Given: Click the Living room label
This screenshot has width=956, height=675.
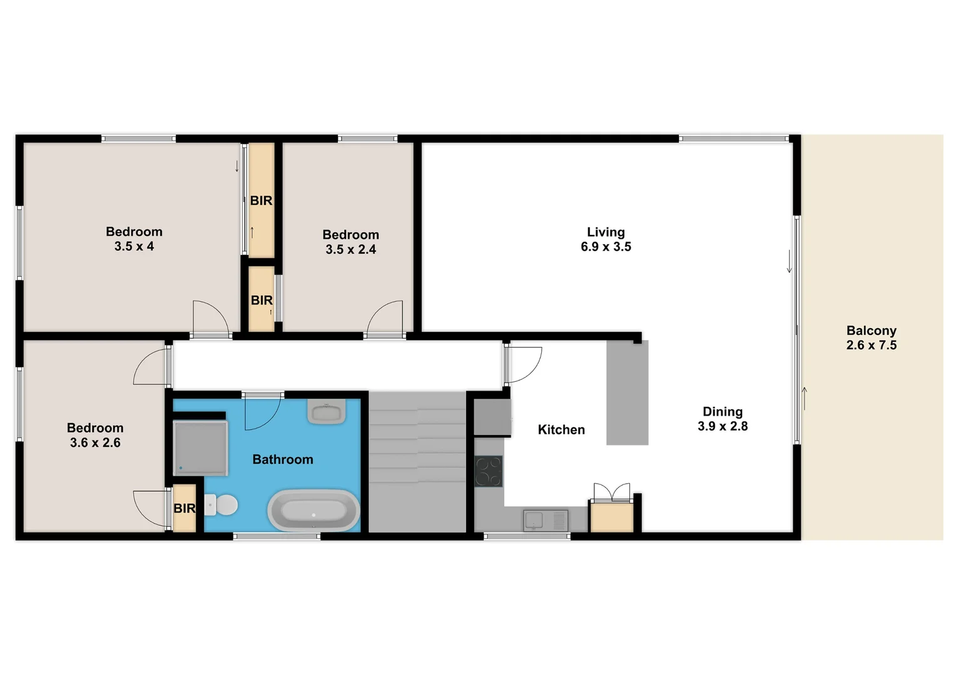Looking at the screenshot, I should point(606,232).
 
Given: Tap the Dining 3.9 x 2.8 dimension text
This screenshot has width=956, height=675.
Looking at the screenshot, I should point(723,426).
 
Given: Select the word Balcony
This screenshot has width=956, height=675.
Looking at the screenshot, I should point(871,331).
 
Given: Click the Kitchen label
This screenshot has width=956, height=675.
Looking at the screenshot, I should point(561,430).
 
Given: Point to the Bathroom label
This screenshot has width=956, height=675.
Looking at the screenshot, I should point(282,460).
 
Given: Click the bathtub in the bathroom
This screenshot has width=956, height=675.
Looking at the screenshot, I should point(313,510).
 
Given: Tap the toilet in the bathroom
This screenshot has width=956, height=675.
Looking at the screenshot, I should point(222,505).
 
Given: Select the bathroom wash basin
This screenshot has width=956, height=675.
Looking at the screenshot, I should point(327,412).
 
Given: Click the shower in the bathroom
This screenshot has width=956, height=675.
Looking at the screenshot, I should point(200,447).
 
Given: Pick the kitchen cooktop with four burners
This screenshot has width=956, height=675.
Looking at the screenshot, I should point(489,472).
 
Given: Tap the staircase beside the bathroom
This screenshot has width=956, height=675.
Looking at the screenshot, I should point(417,461).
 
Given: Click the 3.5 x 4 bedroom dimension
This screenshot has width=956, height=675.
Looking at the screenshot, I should point(134,247).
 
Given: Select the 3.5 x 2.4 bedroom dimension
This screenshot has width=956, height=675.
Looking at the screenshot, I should point(350,250).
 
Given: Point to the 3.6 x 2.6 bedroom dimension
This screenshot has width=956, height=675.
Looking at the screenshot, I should point(95,443).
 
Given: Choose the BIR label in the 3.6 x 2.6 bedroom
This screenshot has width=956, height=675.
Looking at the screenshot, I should point(184,509).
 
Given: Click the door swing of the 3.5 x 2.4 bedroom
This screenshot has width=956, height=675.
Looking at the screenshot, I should point(385,319).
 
